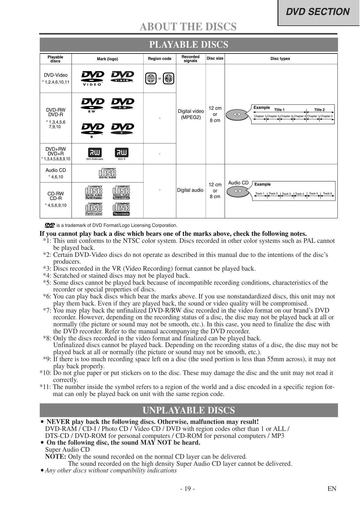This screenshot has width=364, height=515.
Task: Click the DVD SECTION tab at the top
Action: pos(318,12)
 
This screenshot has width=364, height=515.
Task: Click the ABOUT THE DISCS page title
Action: pos(188,27)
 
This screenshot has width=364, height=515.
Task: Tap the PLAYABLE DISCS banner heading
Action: pos(189,45)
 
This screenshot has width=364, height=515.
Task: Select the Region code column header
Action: pos(160,59)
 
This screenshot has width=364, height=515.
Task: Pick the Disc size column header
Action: pos(215,58)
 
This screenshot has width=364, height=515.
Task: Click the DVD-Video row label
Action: pos(56,75)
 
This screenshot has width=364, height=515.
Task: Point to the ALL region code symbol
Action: pos(168,79)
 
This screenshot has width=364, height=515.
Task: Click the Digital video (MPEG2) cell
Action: pos(191,114)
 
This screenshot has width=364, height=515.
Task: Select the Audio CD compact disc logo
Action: pos(107,173)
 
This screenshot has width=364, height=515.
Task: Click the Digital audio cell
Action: pos(190,190)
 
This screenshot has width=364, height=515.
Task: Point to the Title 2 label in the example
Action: pos(319,110)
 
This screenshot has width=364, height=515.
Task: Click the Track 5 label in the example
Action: pos(313,194)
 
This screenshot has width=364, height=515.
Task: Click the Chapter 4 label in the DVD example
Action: pos(300,116)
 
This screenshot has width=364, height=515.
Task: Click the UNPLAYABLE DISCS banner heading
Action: pos(189,410)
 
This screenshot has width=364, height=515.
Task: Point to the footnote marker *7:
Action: pos(47,310)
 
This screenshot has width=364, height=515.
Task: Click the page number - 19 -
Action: pos(187,489)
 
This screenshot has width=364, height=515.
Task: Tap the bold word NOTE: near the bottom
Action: pos(56,457)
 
